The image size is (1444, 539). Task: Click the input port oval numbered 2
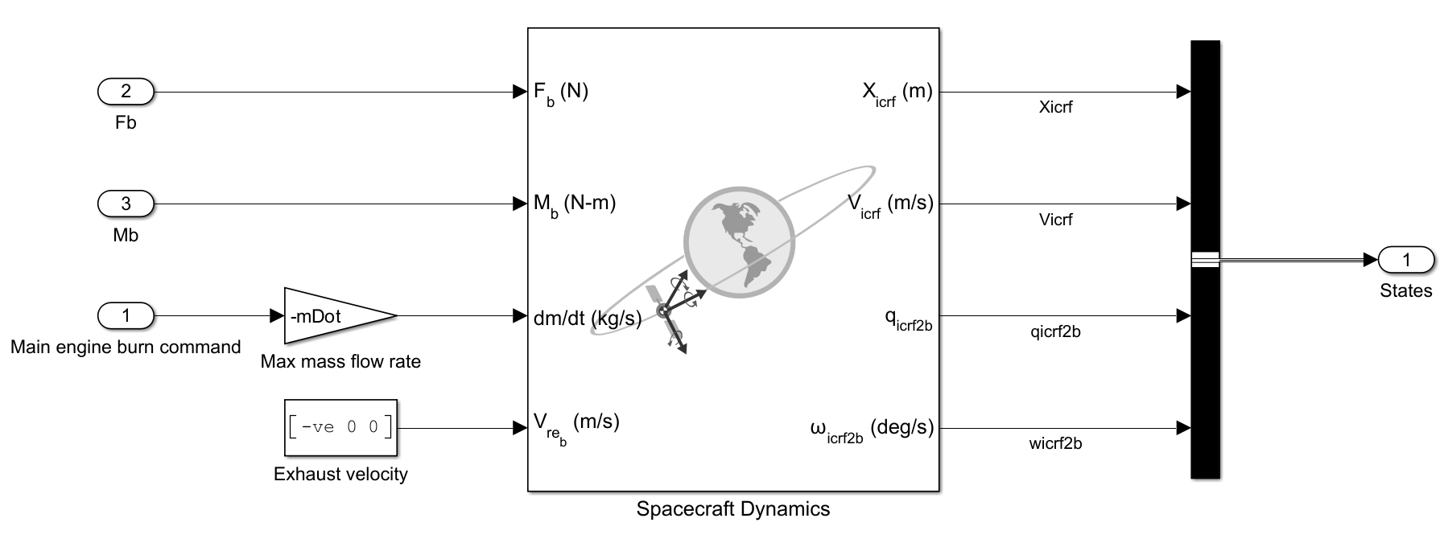point(126,92)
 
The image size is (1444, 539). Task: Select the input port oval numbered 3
point(126,204)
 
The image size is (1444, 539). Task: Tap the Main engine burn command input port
point(126,315)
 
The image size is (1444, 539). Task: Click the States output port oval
point(1406,260)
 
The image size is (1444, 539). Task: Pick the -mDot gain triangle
point(330,316)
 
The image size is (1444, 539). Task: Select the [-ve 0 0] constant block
point(340,428)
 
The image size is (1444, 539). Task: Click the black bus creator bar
point(1205,161)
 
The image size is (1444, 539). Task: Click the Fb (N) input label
point(561,92)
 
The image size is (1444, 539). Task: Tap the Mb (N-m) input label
point(575,204)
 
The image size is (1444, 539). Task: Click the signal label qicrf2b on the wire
point(1054,331)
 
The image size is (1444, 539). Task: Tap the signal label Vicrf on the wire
point(1054,220)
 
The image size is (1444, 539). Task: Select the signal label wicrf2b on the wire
point(1054,443)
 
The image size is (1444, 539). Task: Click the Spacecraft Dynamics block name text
point(732,508)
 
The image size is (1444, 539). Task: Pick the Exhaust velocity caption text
point(340,474)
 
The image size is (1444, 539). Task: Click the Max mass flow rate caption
point(340,362)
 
